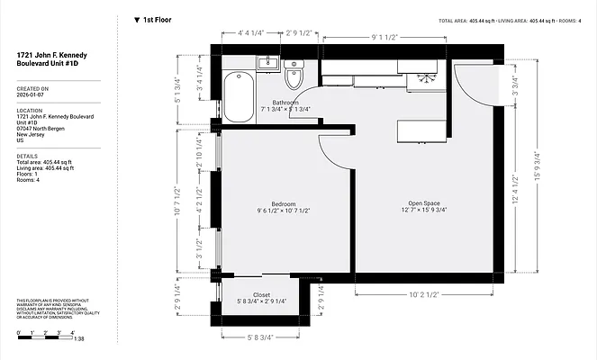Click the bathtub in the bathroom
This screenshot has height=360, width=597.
click(x=239, y=97)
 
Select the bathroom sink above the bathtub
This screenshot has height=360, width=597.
click(x=267, y=62)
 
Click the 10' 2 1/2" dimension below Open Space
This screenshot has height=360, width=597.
click(x=423, y=293)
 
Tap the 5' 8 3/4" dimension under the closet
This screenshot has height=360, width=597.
click(x=260, y=337)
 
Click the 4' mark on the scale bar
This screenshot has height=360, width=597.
click(x=71, y=333)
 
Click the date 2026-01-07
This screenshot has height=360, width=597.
click(x=32, y=95)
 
